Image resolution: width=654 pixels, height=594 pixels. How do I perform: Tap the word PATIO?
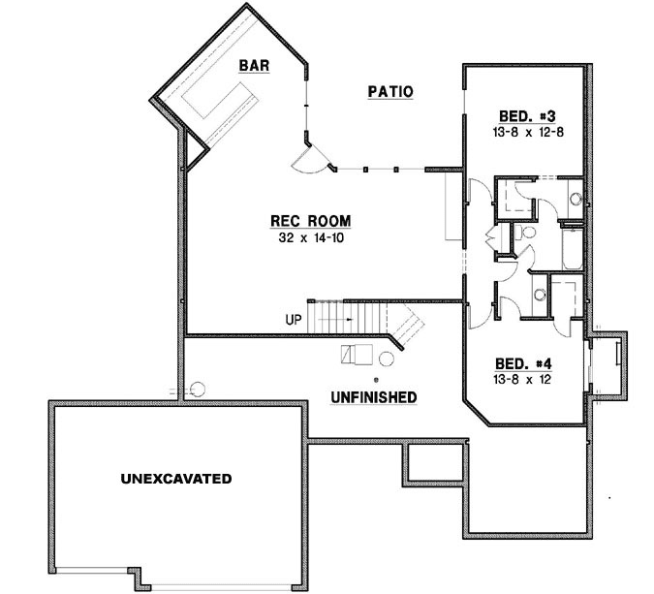coord(390,92)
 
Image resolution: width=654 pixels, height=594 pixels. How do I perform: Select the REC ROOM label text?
coord(310,220)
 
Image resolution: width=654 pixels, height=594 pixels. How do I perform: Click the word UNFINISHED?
coord(373,397)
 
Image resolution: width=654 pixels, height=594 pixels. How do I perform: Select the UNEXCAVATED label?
coord(175,479)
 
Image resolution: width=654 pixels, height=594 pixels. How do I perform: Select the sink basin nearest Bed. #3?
coord(574,199)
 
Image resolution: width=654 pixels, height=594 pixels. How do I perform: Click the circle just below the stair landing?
coord(385,360)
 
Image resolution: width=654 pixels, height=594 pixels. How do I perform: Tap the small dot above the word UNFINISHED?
coord(376,379)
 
